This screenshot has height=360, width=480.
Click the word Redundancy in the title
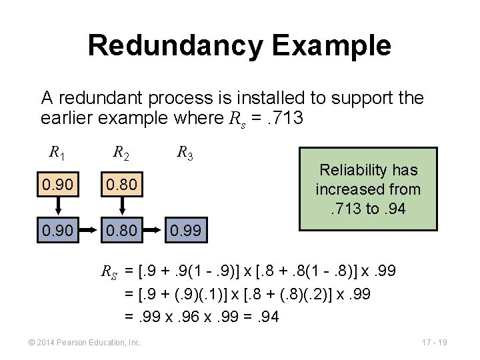click(175, 45)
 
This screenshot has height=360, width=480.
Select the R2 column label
click(121, 153)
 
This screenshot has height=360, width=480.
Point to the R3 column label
click(185, 153)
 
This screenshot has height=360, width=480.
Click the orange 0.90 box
click(57, 183)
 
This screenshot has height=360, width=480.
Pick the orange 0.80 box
click(121, 183)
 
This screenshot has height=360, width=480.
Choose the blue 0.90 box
click(57, 231)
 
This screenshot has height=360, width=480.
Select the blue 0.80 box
click(121, 231)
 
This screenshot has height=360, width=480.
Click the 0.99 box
click(185, 231)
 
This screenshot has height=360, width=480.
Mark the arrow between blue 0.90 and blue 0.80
click(89, 231)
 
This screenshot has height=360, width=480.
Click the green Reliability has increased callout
click(368, 189)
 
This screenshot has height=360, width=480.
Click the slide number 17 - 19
click(434, 343)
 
